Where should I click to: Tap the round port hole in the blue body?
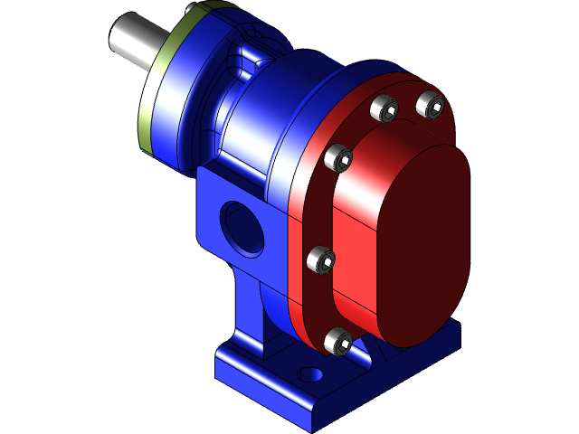[242, 226]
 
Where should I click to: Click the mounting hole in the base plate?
[311, 373]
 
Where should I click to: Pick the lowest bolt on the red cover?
[337, 340]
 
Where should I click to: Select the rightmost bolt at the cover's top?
[430, 105]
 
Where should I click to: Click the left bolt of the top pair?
[385, 109]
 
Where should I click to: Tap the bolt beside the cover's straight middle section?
[320, 260]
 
